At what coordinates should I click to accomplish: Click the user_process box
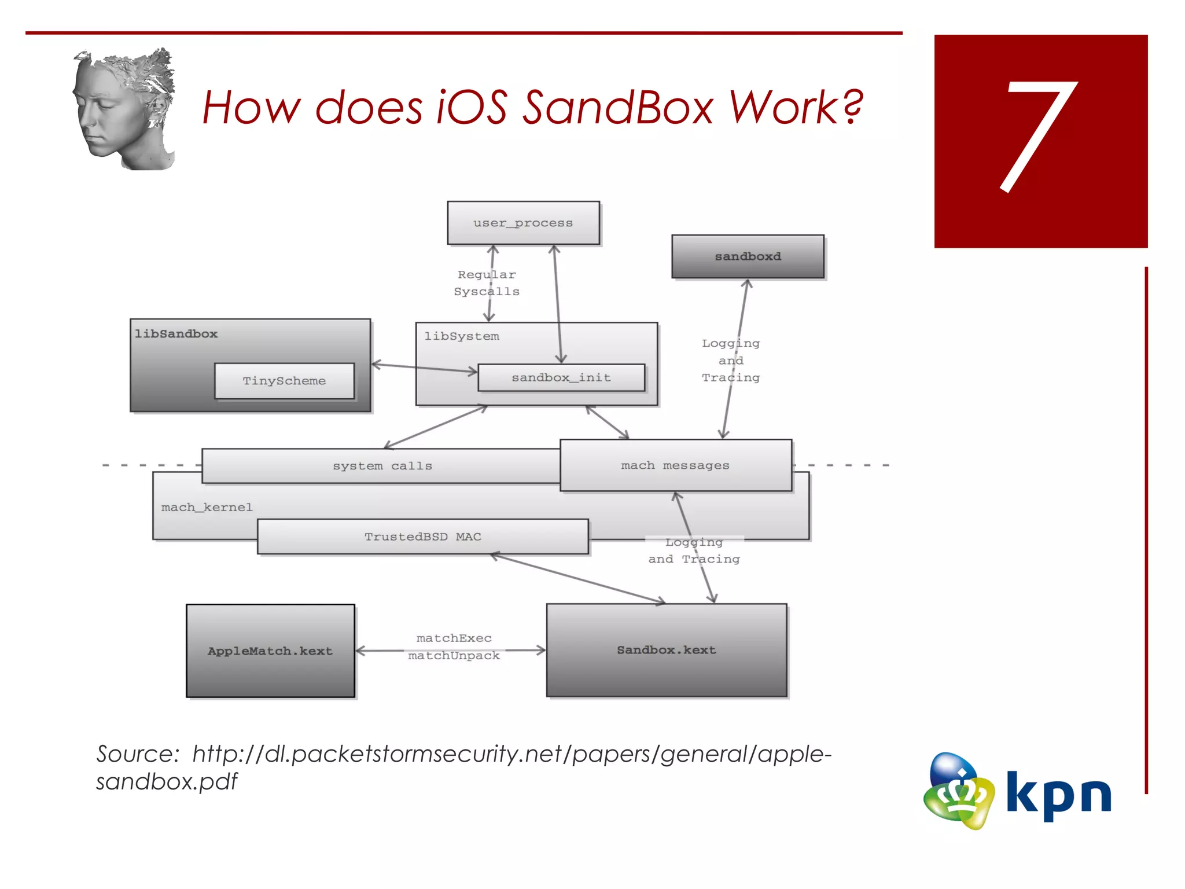(523, 223)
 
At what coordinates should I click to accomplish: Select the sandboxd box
(748, 256)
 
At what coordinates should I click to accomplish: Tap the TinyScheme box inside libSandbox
(284, 381)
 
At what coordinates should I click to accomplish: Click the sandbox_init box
(561, 377)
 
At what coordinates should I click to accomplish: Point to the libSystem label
(461, 336)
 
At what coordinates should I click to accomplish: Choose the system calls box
(382, 466)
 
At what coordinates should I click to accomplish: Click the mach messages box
(675, 465)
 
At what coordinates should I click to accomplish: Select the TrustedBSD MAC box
(422, 537)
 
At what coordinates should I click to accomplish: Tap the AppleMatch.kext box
(270, 651)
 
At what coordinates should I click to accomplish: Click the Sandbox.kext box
(667, 650)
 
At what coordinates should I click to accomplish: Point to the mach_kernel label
(207, 508)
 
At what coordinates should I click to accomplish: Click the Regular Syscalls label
(487, 283)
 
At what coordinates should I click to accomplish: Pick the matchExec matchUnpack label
(454, 646)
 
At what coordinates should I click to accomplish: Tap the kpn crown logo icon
(959, 791)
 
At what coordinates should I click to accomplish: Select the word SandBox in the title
(617, 108)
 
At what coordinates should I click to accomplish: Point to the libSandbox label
(176, 334)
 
